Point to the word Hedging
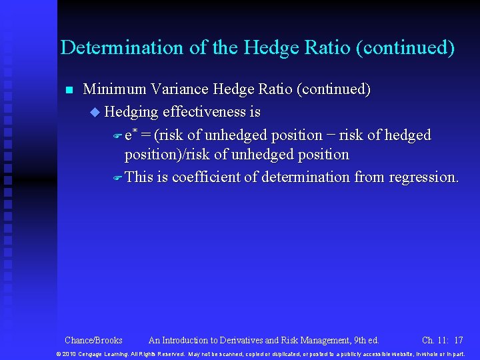[x=132, y=112]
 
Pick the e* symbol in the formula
[x=131, y=135]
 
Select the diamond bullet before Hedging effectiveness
[x=94, y=112]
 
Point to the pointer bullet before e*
[x=117, y=136]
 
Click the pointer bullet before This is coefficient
[x=117, y=178]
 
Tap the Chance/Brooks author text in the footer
[x=93, y=341]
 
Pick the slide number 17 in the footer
[x=458, y=341]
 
